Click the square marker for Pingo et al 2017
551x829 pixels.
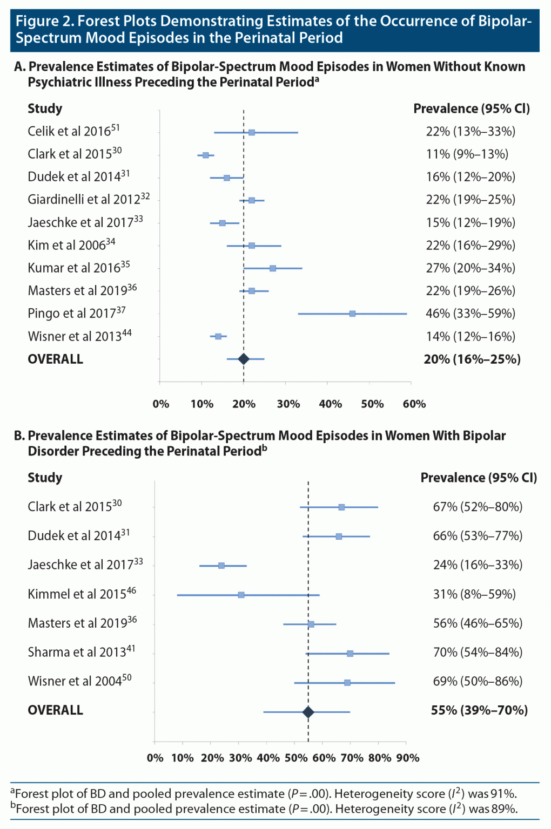[x=352, y=314]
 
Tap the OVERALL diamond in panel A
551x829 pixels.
[x=244, y=359]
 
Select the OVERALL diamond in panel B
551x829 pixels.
[x=308, y=712]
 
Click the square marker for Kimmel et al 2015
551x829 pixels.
[x=241, y=595]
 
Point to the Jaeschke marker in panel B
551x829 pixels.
[x=221, y=566]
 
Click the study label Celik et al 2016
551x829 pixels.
[x=73, y=131]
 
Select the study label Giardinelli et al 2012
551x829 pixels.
[x=89, y=199]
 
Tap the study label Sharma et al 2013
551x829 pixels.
[x=81, y=652]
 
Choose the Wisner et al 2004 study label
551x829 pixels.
[x=79, y=681]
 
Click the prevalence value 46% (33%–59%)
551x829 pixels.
[x=470, y=314]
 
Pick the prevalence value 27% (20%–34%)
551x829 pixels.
[x=470, y=268]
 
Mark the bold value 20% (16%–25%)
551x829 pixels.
[x=472, y=359]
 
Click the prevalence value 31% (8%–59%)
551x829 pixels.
[x=474, y=594]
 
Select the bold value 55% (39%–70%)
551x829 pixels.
[x=479, y=710]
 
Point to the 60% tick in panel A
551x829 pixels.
[x=414, y=404]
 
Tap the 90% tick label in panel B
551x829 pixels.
[x=408, y=758]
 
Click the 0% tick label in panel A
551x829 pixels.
[x=161, y=404]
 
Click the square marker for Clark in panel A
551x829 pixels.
[x=206, y=155]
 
